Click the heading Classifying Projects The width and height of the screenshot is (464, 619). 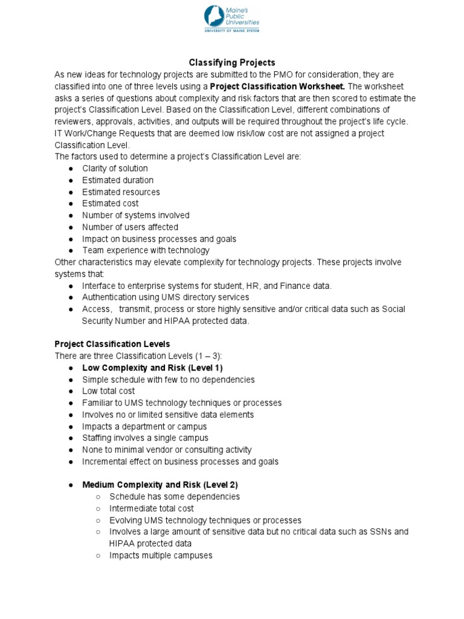232,62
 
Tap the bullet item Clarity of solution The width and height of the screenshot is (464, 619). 115,168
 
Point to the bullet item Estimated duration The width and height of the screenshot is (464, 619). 118,180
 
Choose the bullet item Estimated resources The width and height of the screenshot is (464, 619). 121,192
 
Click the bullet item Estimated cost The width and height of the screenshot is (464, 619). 111,203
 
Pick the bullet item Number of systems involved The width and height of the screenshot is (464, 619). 136,215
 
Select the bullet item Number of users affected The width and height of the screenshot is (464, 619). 130,227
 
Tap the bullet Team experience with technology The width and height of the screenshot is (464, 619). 146,250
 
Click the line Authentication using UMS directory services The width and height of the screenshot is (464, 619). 166,297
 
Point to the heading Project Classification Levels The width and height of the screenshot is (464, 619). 112,344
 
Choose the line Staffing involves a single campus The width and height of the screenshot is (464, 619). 145,438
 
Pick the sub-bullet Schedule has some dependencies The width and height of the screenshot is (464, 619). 175,496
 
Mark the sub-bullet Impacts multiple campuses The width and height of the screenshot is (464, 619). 161,555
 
